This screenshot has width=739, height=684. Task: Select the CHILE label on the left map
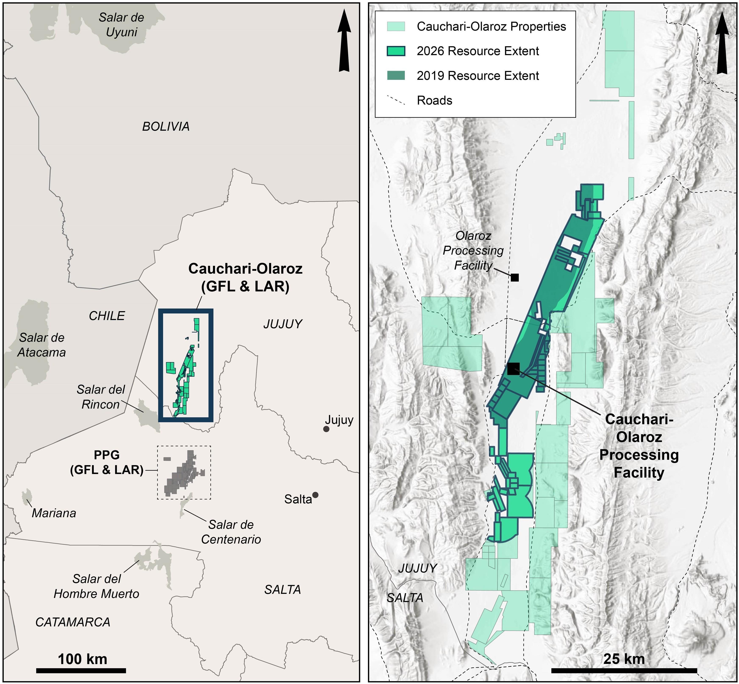coord(107,316)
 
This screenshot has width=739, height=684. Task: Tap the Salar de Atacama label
coord(42,345)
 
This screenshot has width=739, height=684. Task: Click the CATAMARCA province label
coord(73,622)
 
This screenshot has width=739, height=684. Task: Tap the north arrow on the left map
coord(344,41)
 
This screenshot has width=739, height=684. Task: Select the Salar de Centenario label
coord(231,532)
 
